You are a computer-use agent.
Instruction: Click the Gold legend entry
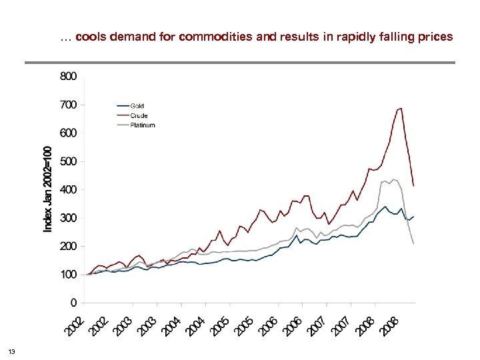click(137, 106)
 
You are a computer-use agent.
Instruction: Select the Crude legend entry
click(139, 115)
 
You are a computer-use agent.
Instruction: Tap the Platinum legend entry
click(142, 125)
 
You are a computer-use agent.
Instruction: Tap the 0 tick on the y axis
click(73, 303)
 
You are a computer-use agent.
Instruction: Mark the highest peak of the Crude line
click(401, 108)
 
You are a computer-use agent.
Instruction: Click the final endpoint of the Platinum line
click(414, 244)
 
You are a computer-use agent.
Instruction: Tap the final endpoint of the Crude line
click(414, 185)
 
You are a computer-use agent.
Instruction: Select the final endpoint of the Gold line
click(414, 216)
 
